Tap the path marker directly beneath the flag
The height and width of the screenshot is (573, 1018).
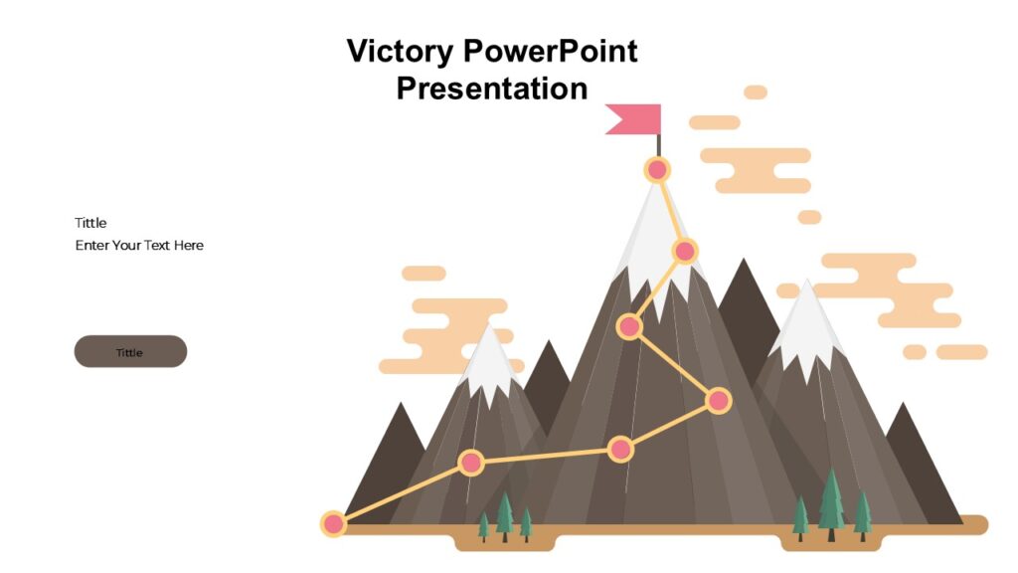[656, 170]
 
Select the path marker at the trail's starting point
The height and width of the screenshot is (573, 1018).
[334, 523]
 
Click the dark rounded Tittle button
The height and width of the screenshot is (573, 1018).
[130, 352]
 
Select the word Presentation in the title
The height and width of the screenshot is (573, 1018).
[492, 88]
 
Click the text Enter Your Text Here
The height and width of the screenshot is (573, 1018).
[139, 245]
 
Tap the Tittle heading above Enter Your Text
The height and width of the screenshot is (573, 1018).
[90, 223]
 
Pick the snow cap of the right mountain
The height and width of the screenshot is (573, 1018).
[806, 328]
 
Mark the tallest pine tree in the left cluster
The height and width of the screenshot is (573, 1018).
[505, 514]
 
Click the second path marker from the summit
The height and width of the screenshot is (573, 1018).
[684, 251]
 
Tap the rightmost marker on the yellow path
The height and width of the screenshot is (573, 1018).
[718, 401]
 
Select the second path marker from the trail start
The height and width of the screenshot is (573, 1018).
[471, 463]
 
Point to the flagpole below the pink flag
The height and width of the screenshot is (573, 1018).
[658, 145]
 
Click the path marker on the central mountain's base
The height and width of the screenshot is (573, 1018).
[620, 450]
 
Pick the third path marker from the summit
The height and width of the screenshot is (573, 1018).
[628, 326]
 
